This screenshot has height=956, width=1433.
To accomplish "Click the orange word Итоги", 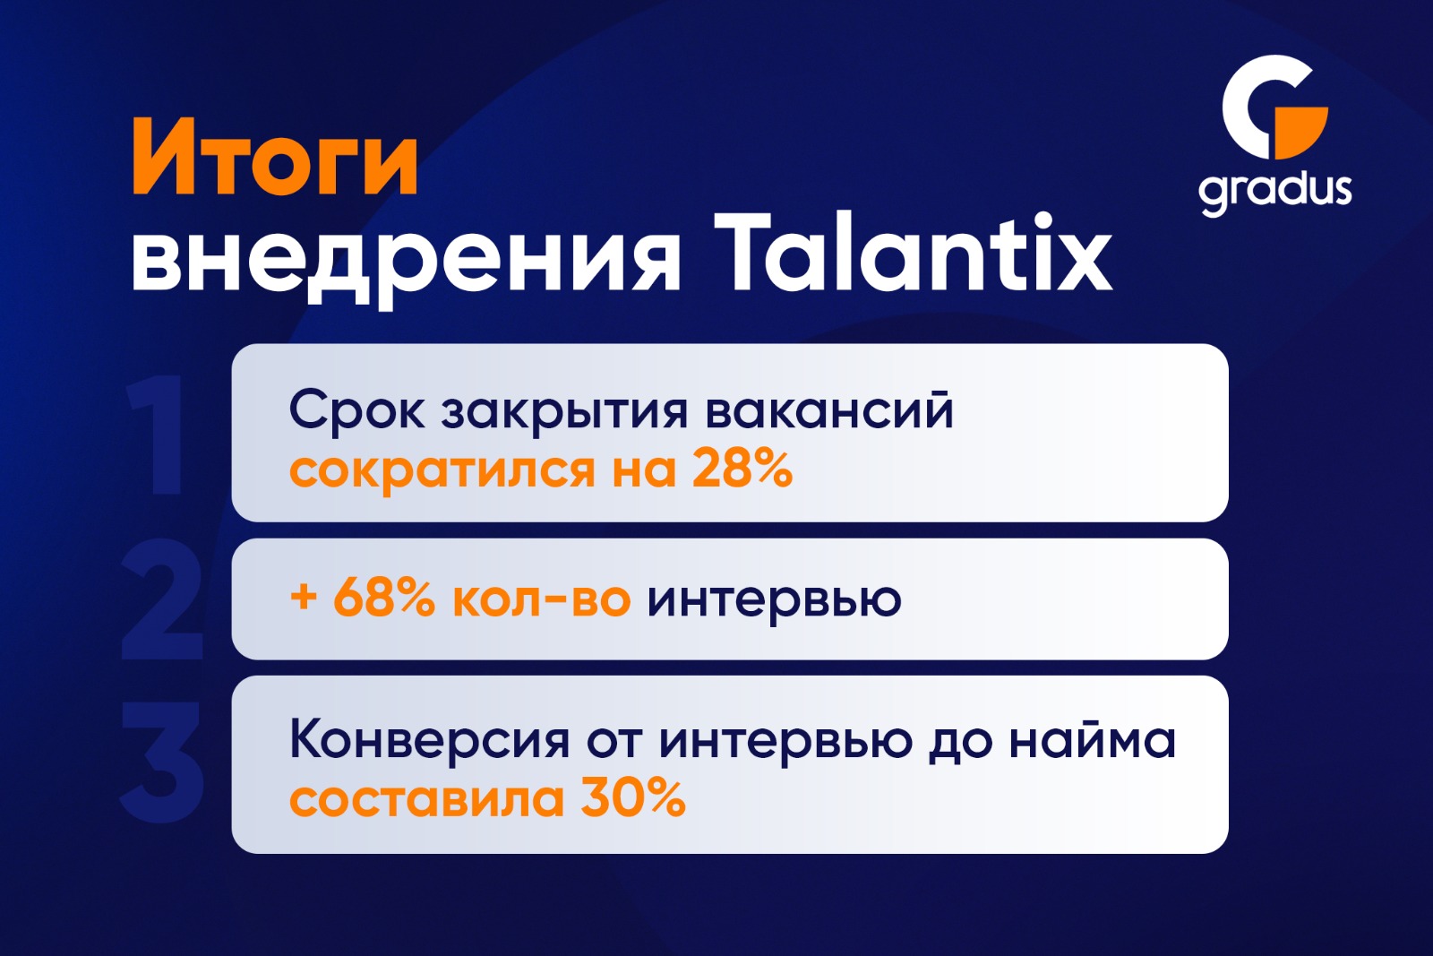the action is tap(275, 158).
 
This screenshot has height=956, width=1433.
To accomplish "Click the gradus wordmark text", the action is tap(1275, 192).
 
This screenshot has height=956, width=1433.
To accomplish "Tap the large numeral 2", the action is tap(162, 599).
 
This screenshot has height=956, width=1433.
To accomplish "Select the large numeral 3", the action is tap(162, 762).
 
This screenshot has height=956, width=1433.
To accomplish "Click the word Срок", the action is tap(356, 410).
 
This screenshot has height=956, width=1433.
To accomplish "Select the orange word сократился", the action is tap(442, 471).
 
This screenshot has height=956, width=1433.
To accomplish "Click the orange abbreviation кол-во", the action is tap(542, 599).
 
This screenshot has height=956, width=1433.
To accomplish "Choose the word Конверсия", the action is tap(429, 740).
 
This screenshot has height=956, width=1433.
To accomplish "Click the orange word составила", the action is tap(426, 800).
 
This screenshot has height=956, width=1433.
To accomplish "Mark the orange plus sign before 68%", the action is tap(304, 599).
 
